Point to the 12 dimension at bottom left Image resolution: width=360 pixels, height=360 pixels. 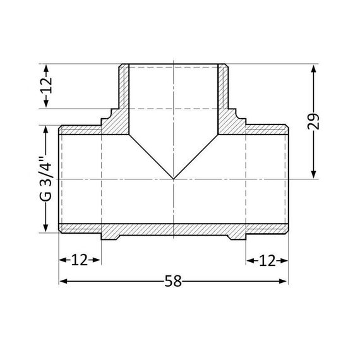[80, 260]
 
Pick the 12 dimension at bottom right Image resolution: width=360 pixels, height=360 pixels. [267, 260]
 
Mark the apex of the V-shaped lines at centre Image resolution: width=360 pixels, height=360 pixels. [173, 179]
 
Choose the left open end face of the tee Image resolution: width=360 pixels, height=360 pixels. [60, 179]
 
